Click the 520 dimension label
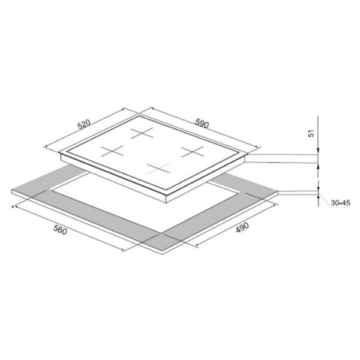point(84,124)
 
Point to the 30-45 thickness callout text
point(340,203)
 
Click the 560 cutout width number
point(60,230)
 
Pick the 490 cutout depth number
point(242,227)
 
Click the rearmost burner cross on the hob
point(142,133)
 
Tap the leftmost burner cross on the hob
point(112,151)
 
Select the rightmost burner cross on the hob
point(193,152)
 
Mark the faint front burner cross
point(158,169)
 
